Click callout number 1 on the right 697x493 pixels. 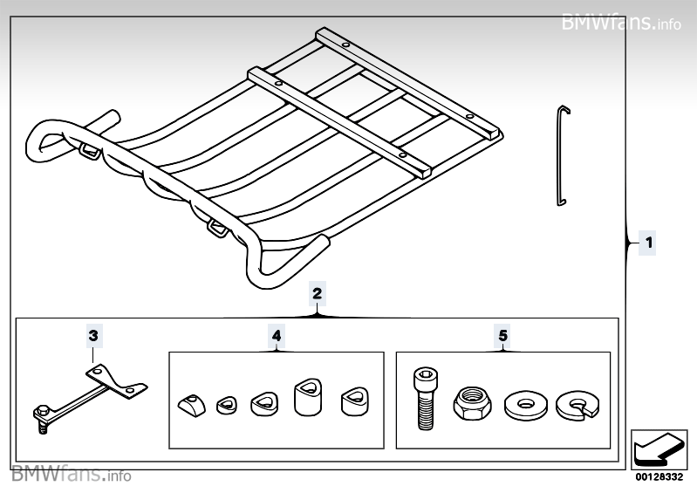[x=647, y=243]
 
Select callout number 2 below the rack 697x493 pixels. [x=317, y=293]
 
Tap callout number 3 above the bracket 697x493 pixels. [x=94, y=335]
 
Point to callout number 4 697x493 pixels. [x=276, y=335]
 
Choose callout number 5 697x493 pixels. [x=502, y=335]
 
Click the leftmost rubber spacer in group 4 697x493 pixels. [x=190, y=405]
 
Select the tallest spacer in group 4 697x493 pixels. [x=308, y=400]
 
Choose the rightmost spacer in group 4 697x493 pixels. [x=353, y=401]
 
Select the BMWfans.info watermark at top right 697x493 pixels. [x=621, y=21]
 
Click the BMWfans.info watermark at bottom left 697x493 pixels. [x=72, y=476]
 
